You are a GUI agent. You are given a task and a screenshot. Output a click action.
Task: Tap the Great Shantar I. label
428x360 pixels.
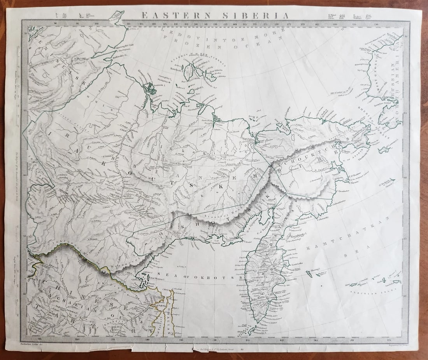(150, 278)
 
